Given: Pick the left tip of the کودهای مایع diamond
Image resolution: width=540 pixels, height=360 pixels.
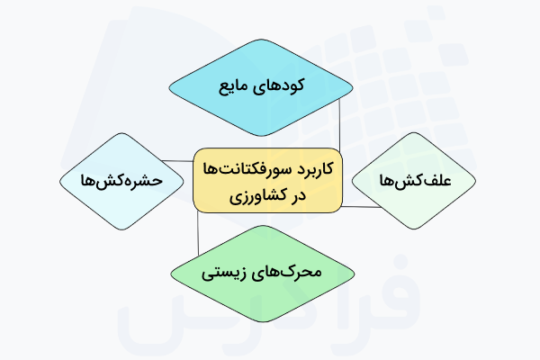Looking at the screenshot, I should pos(168,86).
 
